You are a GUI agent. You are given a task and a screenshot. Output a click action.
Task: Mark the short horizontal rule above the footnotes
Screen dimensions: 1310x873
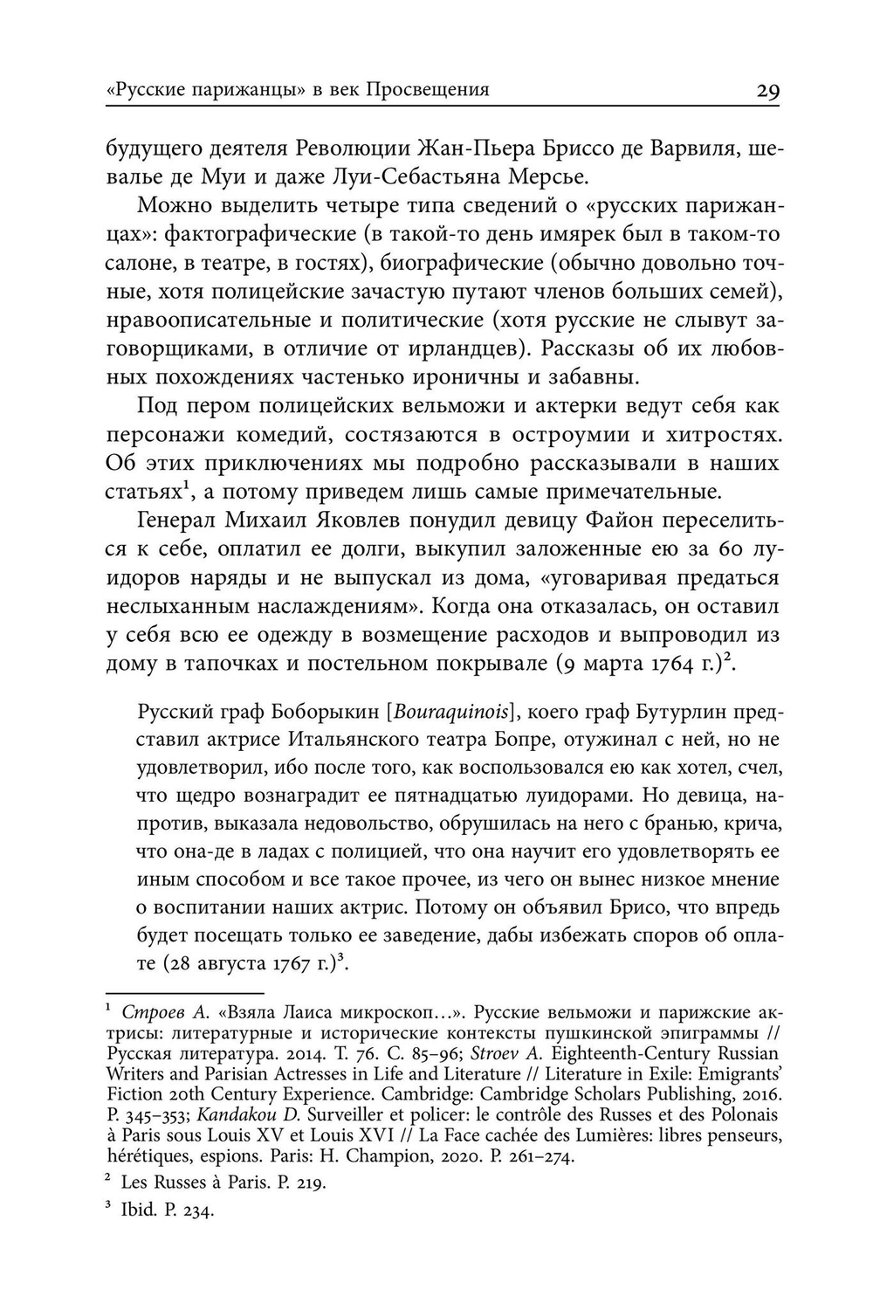coord(184,993)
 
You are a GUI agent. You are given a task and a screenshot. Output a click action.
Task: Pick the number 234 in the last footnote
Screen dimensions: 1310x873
coord(199,1212)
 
